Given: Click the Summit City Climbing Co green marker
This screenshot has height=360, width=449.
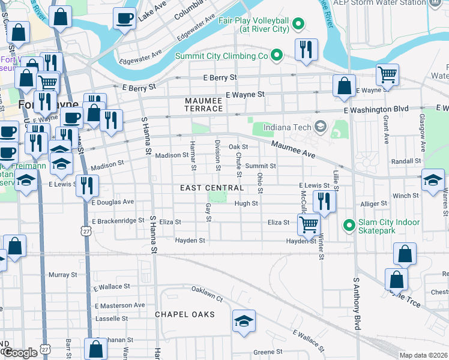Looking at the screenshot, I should coord(276,56).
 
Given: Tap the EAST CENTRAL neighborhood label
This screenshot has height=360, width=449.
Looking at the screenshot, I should coord(212,188).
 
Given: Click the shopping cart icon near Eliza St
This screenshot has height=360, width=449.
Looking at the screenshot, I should coord(309,224).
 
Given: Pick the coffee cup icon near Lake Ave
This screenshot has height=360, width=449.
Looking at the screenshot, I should coord(124,17).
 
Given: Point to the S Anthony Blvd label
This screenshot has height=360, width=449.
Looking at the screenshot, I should coord(357,303).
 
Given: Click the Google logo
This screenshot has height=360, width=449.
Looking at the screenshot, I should coord(20,353).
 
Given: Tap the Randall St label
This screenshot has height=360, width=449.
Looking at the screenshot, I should coord(406,161).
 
